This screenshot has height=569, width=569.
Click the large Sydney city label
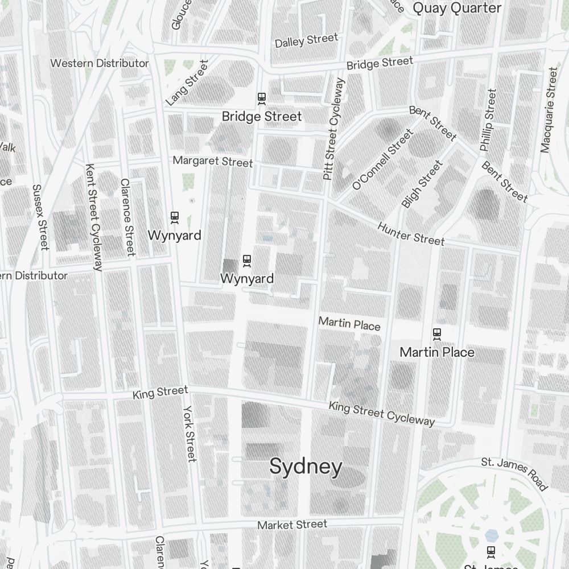306,467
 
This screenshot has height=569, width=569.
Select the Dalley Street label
306,40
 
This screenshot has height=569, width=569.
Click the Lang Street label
187,83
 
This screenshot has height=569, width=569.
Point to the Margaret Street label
213,162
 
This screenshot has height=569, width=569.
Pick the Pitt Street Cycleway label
334,130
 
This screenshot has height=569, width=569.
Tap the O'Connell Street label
382,159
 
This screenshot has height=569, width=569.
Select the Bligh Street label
422,184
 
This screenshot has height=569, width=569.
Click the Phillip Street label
488,120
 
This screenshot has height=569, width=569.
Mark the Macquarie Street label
549,110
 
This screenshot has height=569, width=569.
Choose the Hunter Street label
411,233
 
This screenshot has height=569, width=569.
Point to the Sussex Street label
40,217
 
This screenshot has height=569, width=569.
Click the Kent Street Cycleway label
94,217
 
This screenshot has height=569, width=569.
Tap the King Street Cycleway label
382,414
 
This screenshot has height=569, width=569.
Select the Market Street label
292,525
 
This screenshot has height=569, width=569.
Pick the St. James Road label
514,473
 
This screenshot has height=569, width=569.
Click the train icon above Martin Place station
437,333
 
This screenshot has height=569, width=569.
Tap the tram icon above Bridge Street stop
262,98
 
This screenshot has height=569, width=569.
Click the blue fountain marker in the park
491,535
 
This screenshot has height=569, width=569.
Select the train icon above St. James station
490,551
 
